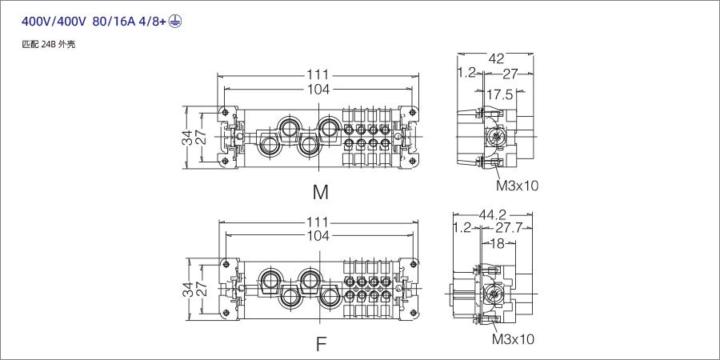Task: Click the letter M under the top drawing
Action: coord(321,192)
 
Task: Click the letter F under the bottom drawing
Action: coord(321,345)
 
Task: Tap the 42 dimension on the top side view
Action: coord(496,58)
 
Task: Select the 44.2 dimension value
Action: coord(493,214)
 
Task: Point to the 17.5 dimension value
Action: coord(500,94)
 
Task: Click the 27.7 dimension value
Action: coord(508,228)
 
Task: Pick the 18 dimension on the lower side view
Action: coord(496,244)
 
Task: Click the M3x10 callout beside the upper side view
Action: coord(518,186)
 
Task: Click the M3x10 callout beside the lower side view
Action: coord(513,339)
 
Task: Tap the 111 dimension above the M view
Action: coord(318,75)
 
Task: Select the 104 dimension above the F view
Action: coord(318,235)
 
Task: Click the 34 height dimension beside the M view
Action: coord(187,137)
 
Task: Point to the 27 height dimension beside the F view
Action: coord(202,290)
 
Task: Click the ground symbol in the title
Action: coord(175,22)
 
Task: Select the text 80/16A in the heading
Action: coord(117,22)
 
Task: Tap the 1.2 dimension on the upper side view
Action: coord(466,73)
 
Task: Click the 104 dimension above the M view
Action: coord(318,90)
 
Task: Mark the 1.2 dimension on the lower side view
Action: coord(462,228)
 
